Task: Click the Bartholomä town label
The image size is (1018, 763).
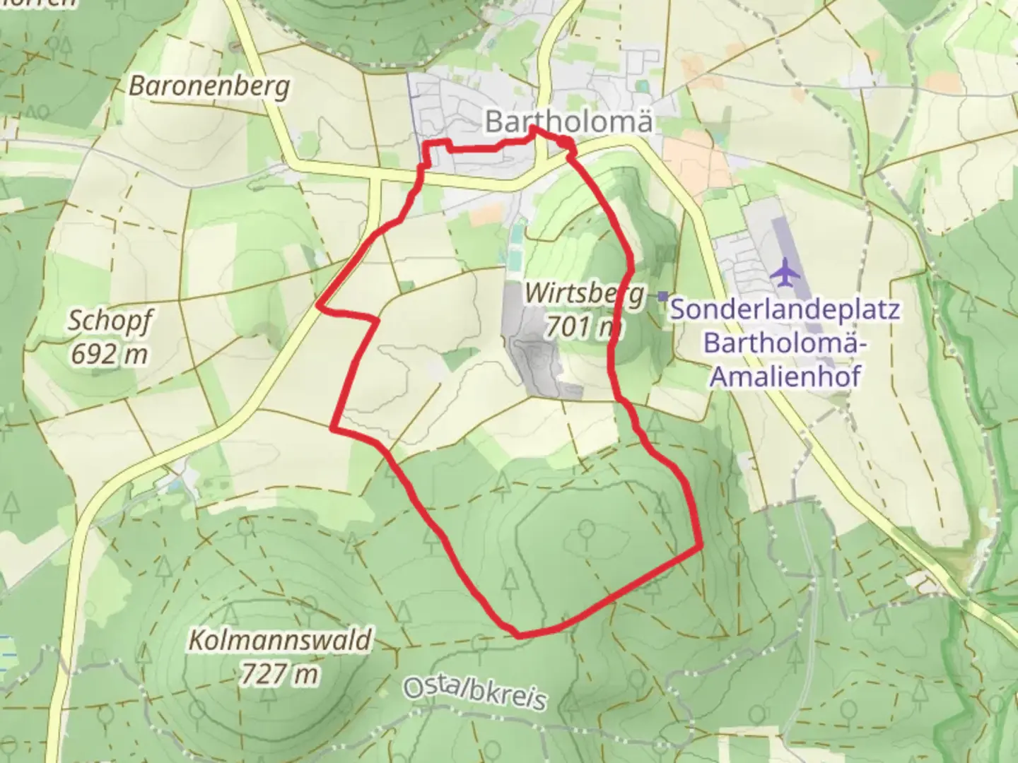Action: point(568,122)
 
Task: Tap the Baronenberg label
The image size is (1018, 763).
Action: point(209,86)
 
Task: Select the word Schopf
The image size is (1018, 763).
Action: point(109,321)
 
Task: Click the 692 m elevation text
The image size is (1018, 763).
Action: point(109,353)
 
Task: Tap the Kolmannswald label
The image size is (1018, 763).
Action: point(279,641)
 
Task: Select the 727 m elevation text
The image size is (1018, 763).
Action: point(279,674)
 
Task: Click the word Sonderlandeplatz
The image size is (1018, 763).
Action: point(785,309)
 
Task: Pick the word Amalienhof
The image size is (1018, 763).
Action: point(785,376)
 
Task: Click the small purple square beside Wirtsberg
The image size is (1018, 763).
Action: point(662,296)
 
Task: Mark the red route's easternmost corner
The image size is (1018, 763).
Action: point(701,545)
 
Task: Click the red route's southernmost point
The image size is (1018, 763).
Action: point(520,635)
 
